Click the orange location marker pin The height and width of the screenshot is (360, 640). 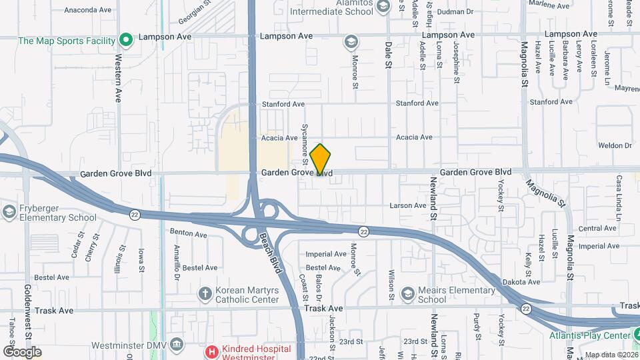tap(321, 159)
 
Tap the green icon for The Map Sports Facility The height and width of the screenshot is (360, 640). tap(125, 41)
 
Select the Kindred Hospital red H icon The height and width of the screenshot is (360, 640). tap(211, 351)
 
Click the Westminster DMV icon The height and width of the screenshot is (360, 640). tap(177, 345)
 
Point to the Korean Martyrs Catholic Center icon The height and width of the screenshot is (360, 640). tap(206, 294)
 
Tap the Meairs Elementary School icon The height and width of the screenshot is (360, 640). tap(407, 294)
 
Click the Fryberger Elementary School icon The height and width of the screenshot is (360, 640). tap(9, 212)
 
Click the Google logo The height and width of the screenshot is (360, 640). tap(22, 351)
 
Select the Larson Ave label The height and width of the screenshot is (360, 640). tap(407, 205)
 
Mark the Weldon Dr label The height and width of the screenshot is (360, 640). tap(614, 145)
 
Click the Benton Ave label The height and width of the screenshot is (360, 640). tap(189, 233)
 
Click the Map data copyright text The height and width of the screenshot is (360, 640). tap(610, 354)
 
